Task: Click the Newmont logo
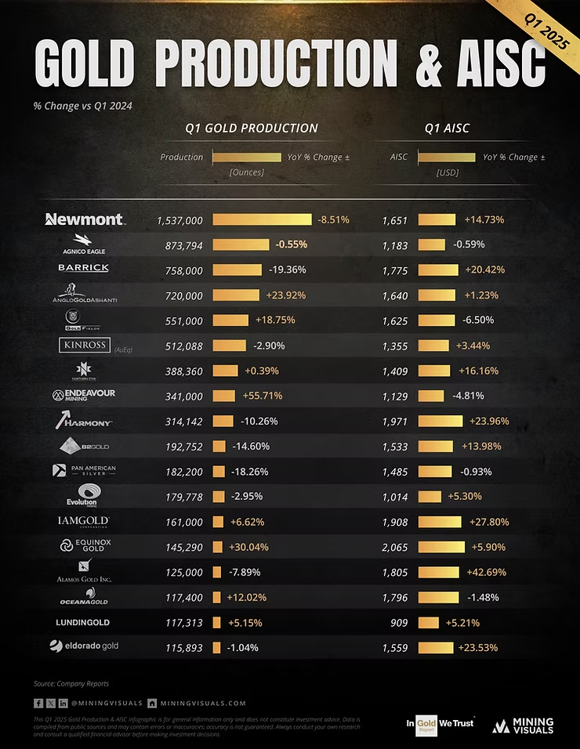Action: pos(85,219)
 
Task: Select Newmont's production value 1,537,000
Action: pos(179,220)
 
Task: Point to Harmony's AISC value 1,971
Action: pos(396,421)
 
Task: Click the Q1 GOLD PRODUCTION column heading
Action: pos(252,128)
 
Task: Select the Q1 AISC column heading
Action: pos(447,128)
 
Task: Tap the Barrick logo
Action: pos(83,268)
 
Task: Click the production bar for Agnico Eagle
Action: pos(241,244)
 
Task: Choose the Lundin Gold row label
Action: pos(83,622)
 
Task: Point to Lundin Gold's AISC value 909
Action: pos(399,622)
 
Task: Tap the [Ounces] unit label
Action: pos(246,172)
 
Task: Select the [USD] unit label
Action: pos(447,172)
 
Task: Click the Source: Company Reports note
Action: pos(71,684)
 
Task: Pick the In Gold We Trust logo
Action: pos(440,724)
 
